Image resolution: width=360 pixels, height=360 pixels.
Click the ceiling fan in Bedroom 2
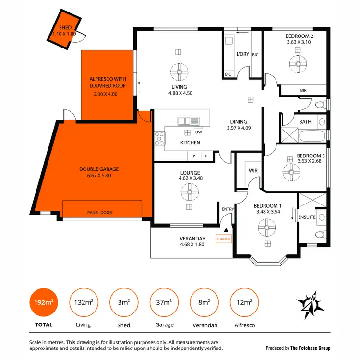click(x=297, y=62)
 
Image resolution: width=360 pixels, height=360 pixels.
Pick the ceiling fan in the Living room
click(x=179, y=73)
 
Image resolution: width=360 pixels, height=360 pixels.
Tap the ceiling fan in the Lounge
click(x=189, y=193)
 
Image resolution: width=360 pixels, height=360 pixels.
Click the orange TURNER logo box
click(x=224, y=239)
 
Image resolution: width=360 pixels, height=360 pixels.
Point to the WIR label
click(x=253, y=171)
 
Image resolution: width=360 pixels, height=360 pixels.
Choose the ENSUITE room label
click(x=307, y=217)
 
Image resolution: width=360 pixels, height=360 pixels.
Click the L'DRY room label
click(x=243, y=54)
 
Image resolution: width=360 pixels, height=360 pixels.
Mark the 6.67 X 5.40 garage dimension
click(x=99, y=176)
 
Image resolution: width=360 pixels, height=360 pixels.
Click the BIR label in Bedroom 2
click(x=303, y=90)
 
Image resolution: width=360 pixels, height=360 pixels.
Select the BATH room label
click(x=305, y=122)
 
